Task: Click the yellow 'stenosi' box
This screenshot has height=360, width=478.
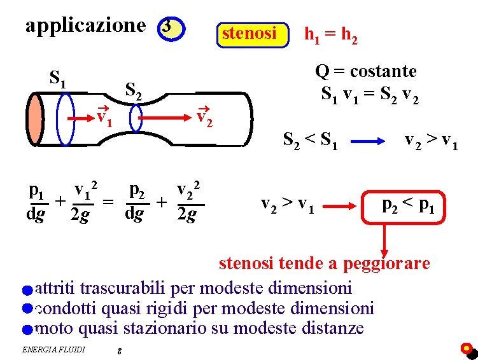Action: (x=249, y=33)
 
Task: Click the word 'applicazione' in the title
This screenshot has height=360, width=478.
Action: (x=85, y=26)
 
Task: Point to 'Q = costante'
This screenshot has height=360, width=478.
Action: (x=365, y=71)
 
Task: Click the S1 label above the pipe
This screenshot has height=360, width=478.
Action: (x=59, y=79)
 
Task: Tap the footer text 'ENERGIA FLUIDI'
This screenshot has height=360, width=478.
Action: (x=53, y=349)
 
